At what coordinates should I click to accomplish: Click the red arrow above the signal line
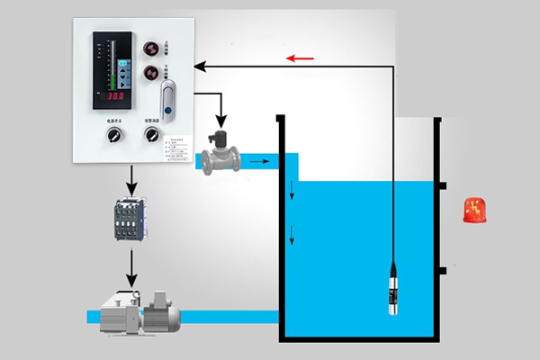(301, 59)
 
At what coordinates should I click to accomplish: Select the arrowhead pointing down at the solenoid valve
(220, 122)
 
